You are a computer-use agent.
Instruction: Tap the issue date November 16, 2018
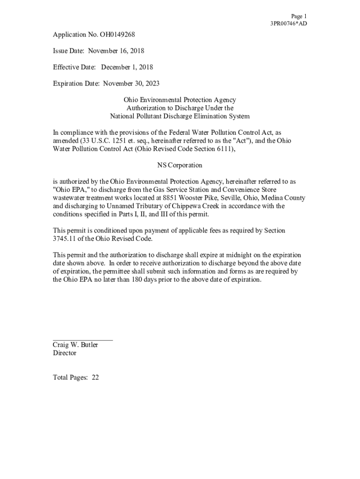click(116, 51)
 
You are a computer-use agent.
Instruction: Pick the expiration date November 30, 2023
click(131, 84)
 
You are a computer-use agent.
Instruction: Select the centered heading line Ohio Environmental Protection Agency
click(180, 100)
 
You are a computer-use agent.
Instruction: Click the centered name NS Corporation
click(180, 165)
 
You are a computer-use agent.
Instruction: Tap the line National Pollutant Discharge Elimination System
click(180, 116)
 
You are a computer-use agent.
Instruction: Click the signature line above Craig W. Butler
click(83, 340)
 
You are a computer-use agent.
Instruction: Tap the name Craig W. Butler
click(75, 345)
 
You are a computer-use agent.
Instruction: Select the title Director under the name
click(65, 353)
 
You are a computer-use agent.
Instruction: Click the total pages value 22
click(95, 378)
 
